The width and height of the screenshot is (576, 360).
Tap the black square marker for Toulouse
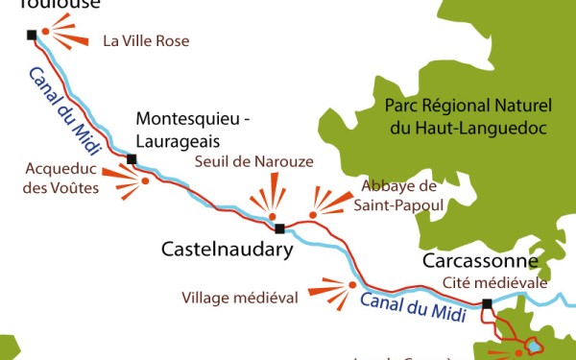[x=32, y=36]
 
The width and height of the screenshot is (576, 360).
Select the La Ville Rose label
[x=146, y=41]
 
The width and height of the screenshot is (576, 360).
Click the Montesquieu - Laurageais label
[x=193, y=130]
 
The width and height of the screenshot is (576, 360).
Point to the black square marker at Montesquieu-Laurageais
[x=132, y=158]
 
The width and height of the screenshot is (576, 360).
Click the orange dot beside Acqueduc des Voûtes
[x=145, y=180]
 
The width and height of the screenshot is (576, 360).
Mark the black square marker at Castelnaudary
[x=279, y=229]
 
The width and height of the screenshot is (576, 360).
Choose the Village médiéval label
[x=240, y=298]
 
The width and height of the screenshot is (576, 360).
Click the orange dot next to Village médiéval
[x=352, y=285]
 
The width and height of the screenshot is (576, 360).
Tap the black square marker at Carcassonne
[x=487, y=304]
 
